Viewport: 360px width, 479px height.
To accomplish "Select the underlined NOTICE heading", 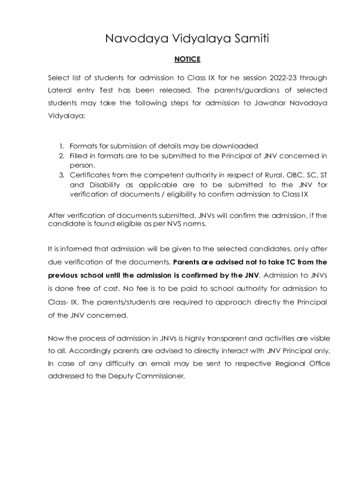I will (187, 59).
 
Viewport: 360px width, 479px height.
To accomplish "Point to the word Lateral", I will (60, 90).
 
